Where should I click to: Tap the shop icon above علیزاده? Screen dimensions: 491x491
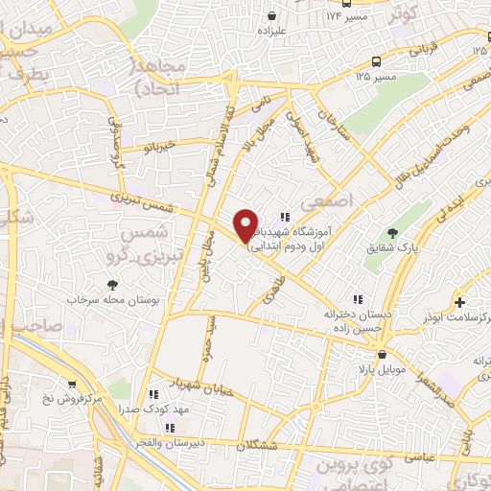(x=274, y=16)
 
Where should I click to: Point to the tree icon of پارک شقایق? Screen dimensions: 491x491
(x=392, y=232)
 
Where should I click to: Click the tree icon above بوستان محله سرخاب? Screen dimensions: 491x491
(x=113, y=284)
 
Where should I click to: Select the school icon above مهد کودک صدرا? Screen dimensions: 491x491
(x=152, y=393)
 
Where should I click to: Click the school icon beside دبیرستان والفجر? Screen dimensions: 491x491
(x=171, y=429)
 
